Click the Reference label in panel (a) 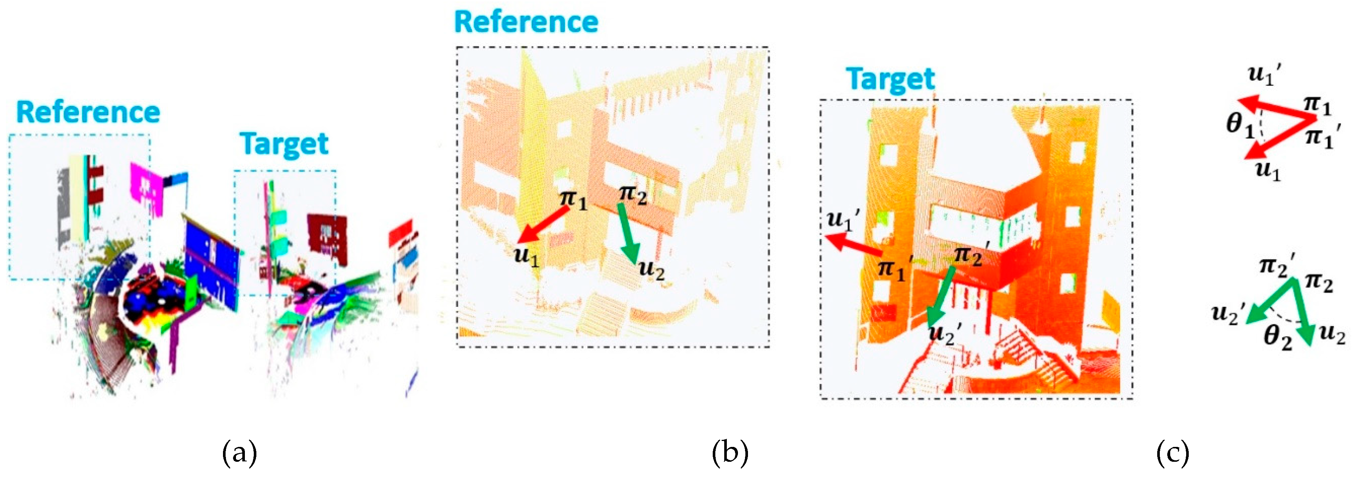tap(88, 113)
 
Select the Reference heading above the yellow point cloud tap(526, 22)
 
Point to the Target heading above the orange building tap(891, 80)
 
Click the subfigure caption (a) tap(240, 453)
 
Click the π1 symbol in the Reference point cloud tap(573, 199)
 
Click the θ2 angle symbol tap(1277, 337)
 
